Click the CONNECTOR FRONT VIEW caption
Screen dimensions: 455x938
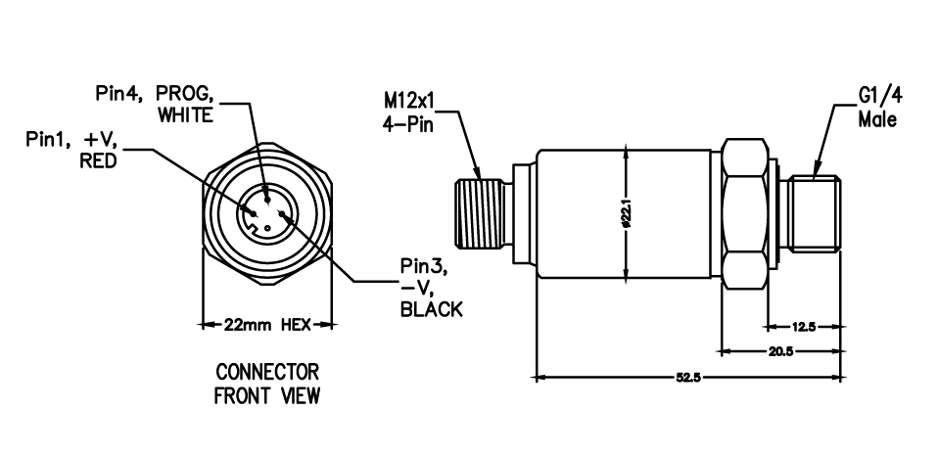point(267,385)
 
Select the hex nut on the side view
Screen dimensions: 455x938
point(746,210)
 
